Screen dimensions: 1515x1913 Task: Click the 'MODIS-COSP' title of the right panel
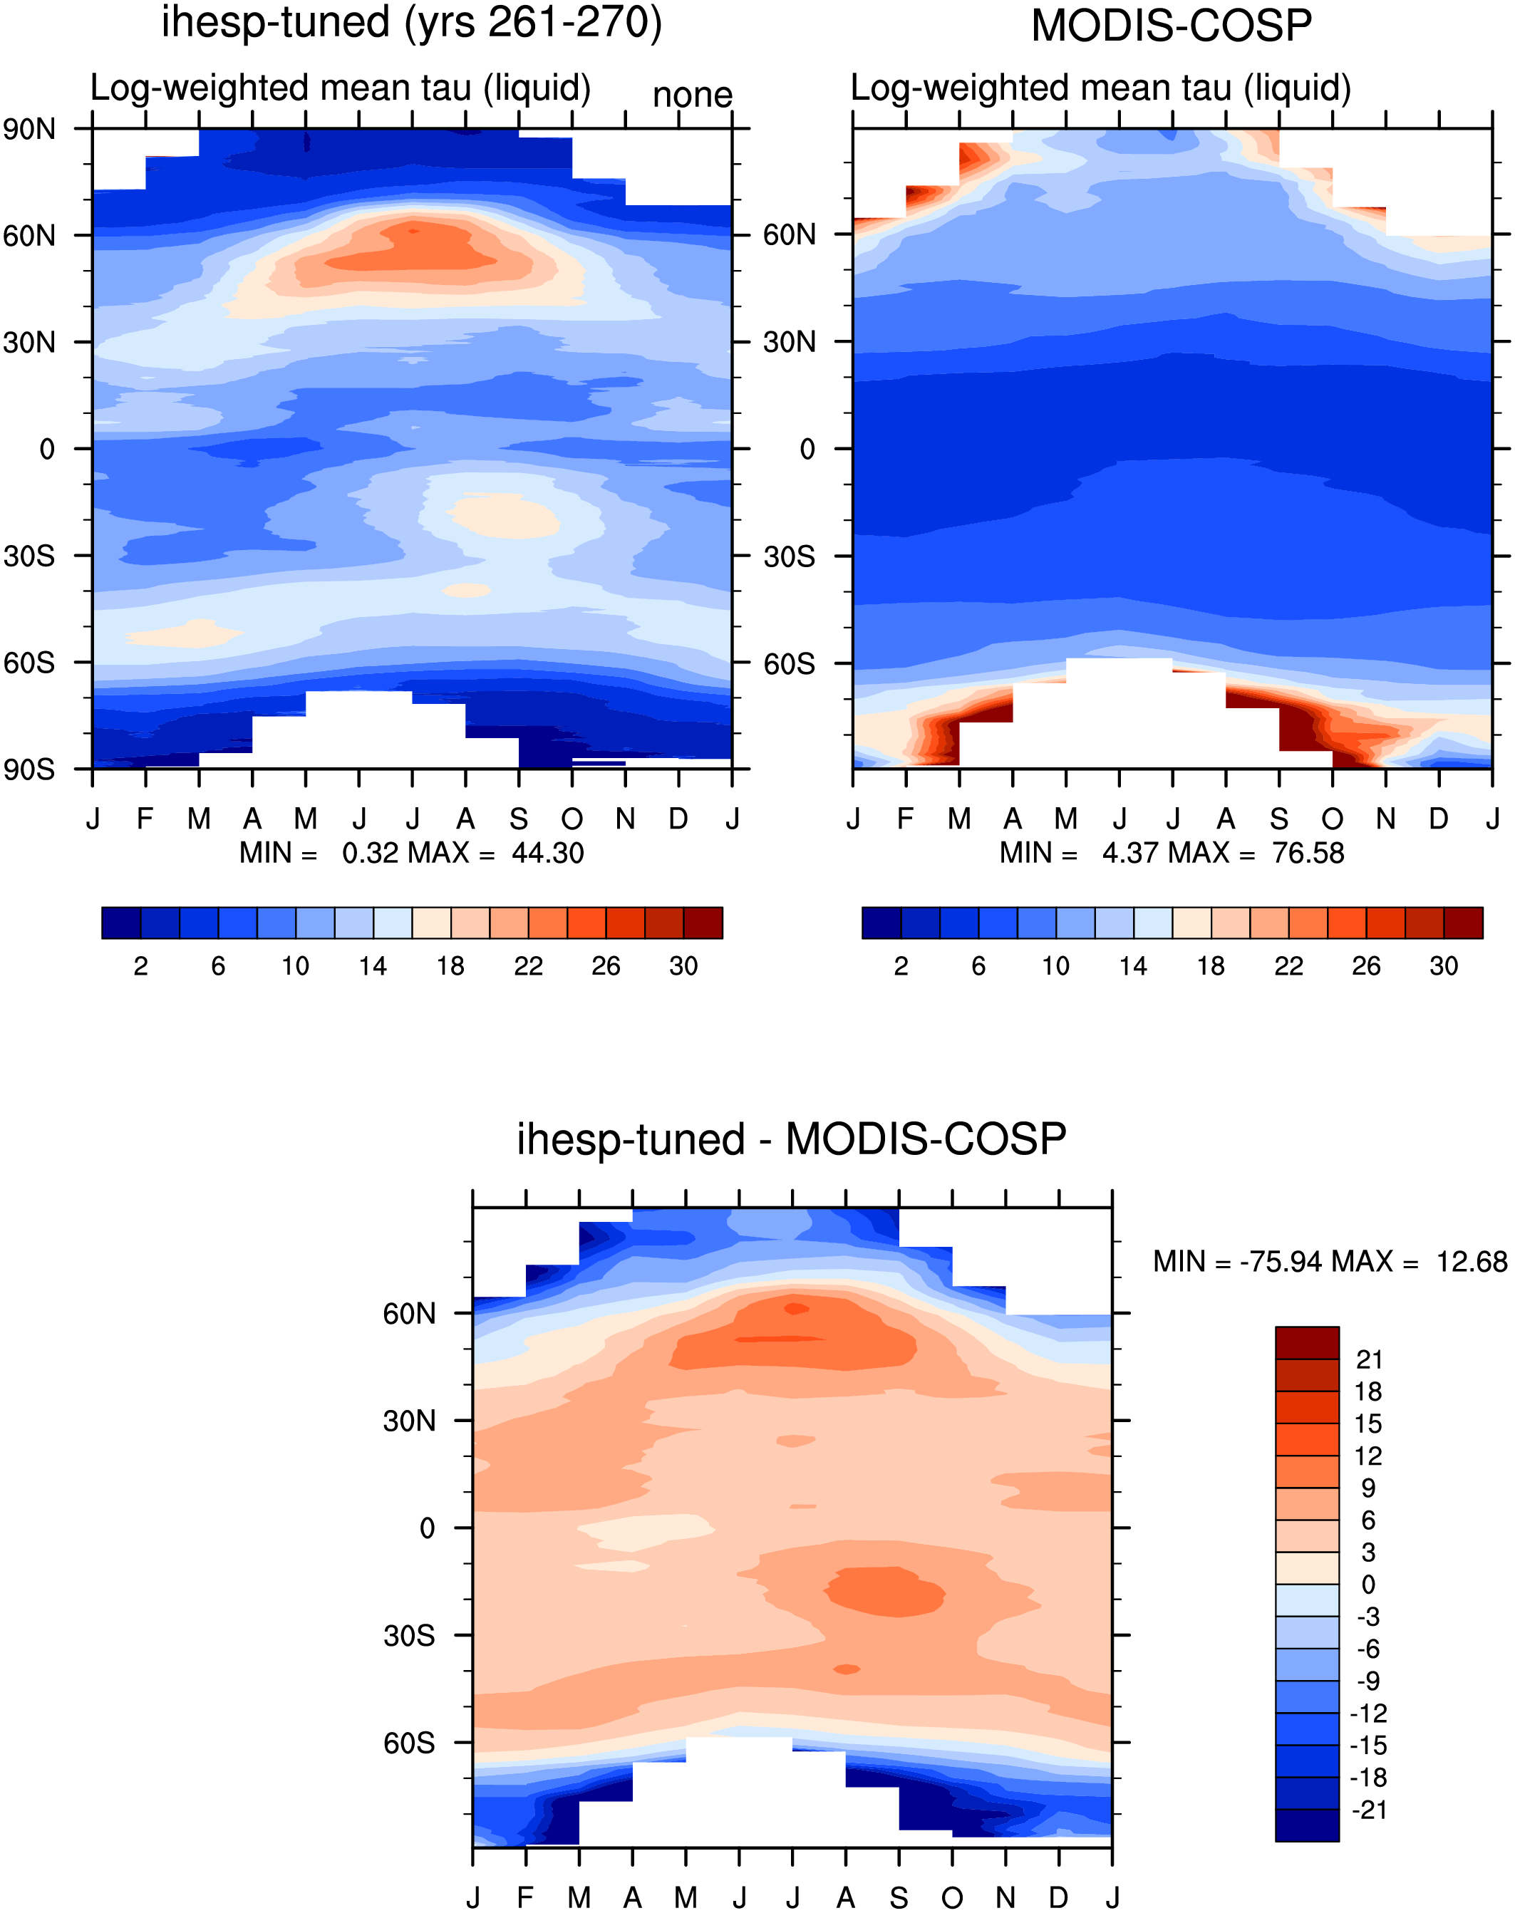coord(1171,26)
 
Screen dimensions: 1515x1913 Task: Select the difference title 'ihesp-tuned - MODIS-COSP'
coord(791,1139)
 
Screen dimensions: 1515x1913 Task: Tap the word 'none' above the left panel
coord(693,94)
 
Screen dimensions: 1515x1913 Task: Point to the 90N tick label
coord(29,130)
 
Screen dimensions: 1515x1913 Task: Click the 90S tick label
coord(29,769)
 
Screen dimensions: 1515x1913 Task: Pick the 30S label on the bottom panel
coord(409,1635)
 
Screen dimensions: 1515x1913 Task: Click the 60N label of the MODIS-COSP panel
coord(790,235)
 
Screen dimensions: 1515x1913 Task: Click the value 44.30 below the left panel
coord(547,853)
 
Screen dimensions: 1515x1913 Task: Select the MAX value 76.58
coord(1308,853)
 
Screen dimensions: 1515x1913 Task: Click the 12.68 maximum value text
coord(1472,1261)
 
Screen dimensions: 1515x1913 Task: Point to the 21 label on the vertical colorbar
coord(1370,1359)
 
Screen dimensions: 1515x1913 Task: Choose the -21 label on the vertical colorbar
coord(1370,1810)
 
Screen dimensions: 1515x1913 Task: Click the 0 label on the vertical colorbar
coord(1369,1585)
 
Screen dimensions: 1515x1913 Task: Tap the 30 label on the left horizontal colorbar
coord(683,966)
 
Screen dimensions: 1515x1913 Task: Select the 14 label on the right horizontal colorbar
coord(1133,966)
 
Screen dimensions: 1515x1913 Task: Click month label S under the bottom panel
coord(899,1898)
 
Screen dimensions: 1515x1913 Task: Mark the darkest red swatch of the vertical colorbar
coord(1306,1343)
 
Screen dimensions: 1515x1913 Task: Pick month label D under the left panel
coord(678,819)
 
